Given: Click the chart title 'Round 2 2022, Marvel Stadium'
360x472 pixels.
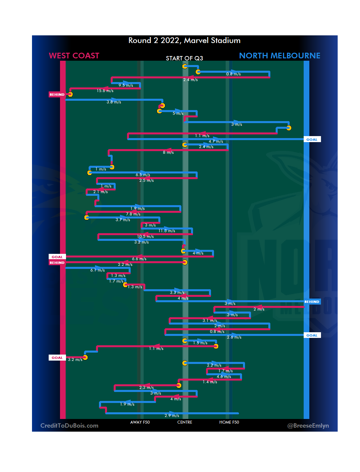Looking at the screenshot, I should pyautogui.click(x=184, y=41).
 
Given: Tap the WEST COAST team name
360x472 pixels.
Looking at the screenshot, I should pyautogui.click(x=74, y=56).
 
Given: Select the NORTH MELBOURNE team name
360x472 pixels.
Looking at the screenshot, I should pyautogui.click(x=280, y=56).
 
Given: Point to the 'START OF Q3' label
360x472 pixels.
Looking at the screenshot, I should pyautogui.click(x=184, y=58).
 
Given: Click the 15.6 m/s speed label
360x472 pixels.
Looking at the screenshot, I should pyautogui.click(x=105, y=91).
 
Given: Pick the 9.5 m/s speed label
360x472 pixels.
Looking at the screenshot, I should pyautogui.click(x=126, y=85).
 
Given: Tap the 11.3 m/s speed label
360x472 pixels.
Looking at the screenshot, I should pyautogui.click(x=167, y=231).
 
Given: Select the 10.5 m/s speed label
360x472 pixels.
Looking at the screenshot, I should pyautogui.click(x=145, y=237).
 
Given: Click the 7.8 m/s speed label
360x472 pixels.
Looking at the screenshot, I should pyautogui.click(x=133, y=214).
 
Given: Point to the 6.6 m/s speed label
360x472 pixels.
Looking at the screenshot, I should pyautogui.click(x=139, y=259).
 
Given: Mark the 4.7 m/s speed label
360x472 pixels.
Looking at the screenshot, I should pyautogui.click(x=216, y=141).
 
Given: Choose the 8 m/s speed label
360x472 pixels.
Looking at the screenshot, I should pyautogui.click(x=168, y=152).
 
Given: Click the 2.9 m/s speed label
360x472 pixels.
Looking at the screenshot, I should pyautogui.click(x=172, y=416).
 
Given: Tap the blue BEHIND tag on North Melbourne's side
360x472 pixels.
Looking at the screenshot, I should pyautogui.click(x=312, y=302).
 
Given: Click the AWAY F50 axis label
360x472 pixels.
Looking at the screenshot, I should pyautogui.click(x=140, y=422).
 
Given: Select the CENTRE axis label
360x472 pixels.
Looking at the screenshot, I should pyautogui.click(x=185, y=422).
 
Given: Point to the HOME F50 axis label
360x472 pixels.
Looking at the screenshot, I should pyautogui.click(x=229, y=422).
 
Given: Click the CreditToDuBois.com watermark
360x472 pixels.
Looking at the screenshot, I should pyautogui.click(x=69, y=426).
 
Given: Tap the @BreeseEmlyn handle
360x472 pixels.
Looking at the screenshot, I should pyautogui.click(x=308, y=426).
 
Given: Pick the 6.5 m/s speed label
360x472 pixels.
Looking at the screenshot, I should pyautogui.click(x=143, y=175).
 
